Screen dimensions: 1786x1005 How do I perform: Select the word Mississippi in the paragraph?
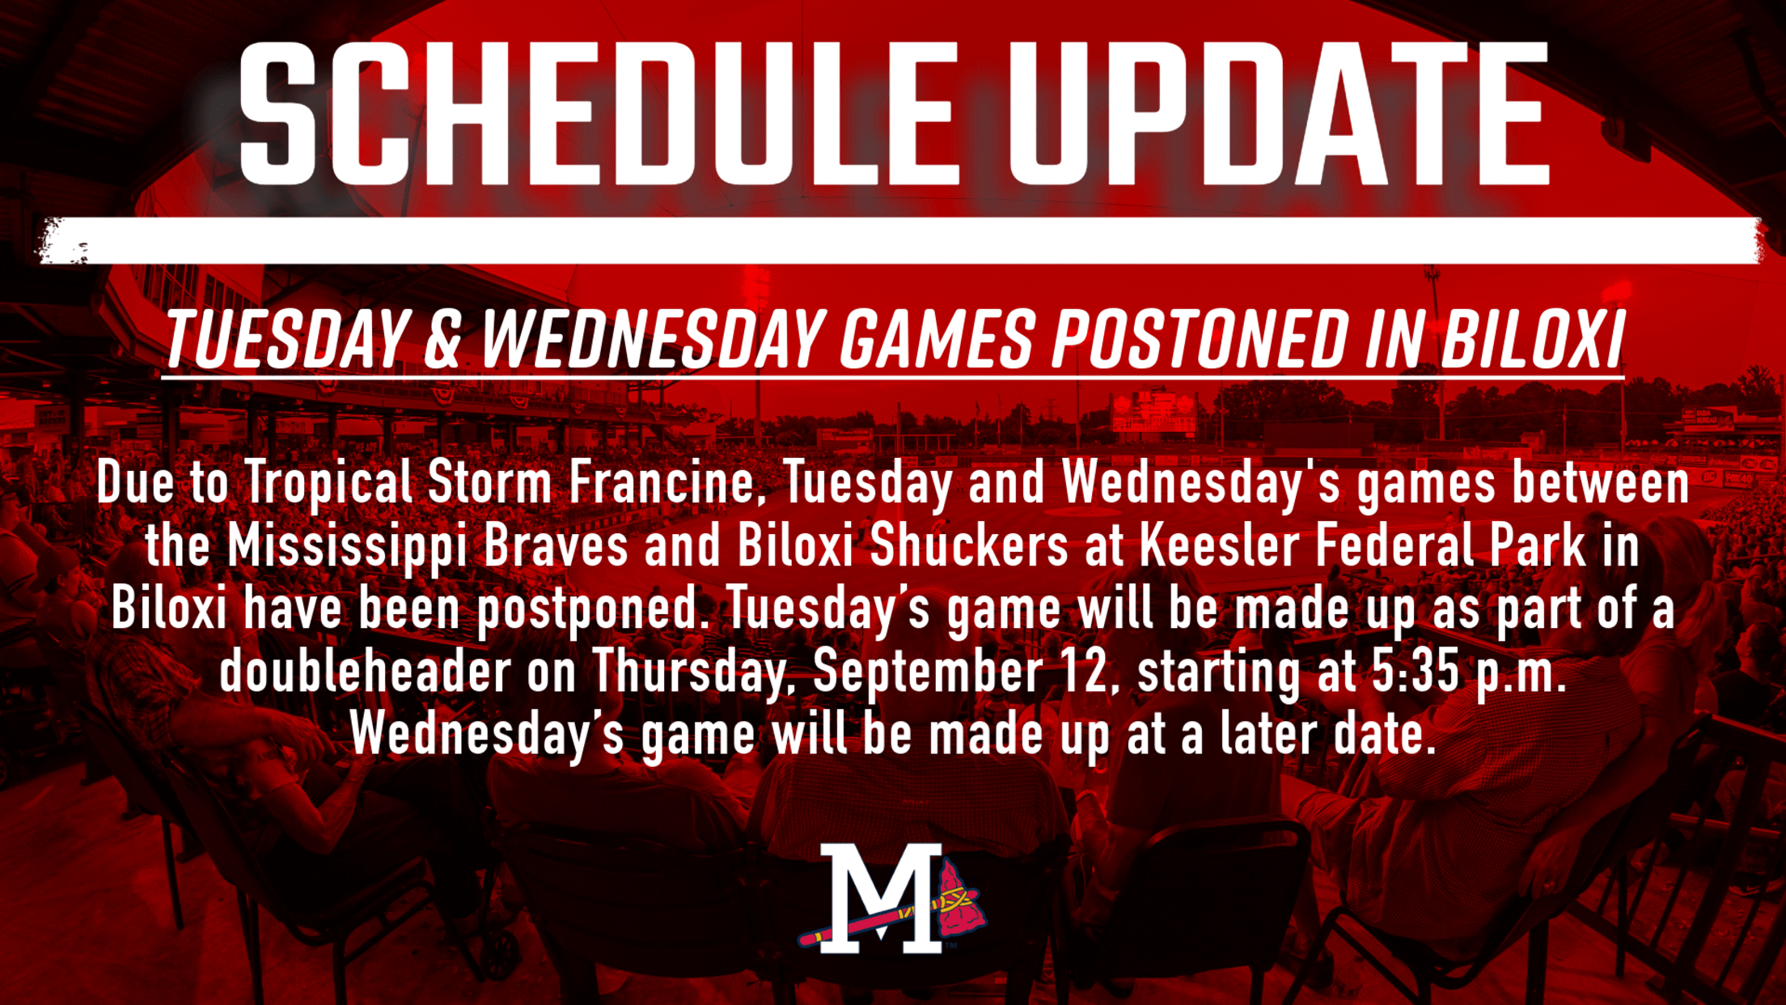(347, 548)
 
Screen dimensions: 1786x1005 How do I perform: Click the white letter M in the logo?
(882, 898)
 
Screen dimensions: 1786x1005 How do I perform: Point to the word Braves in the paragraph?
(556, 546)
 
